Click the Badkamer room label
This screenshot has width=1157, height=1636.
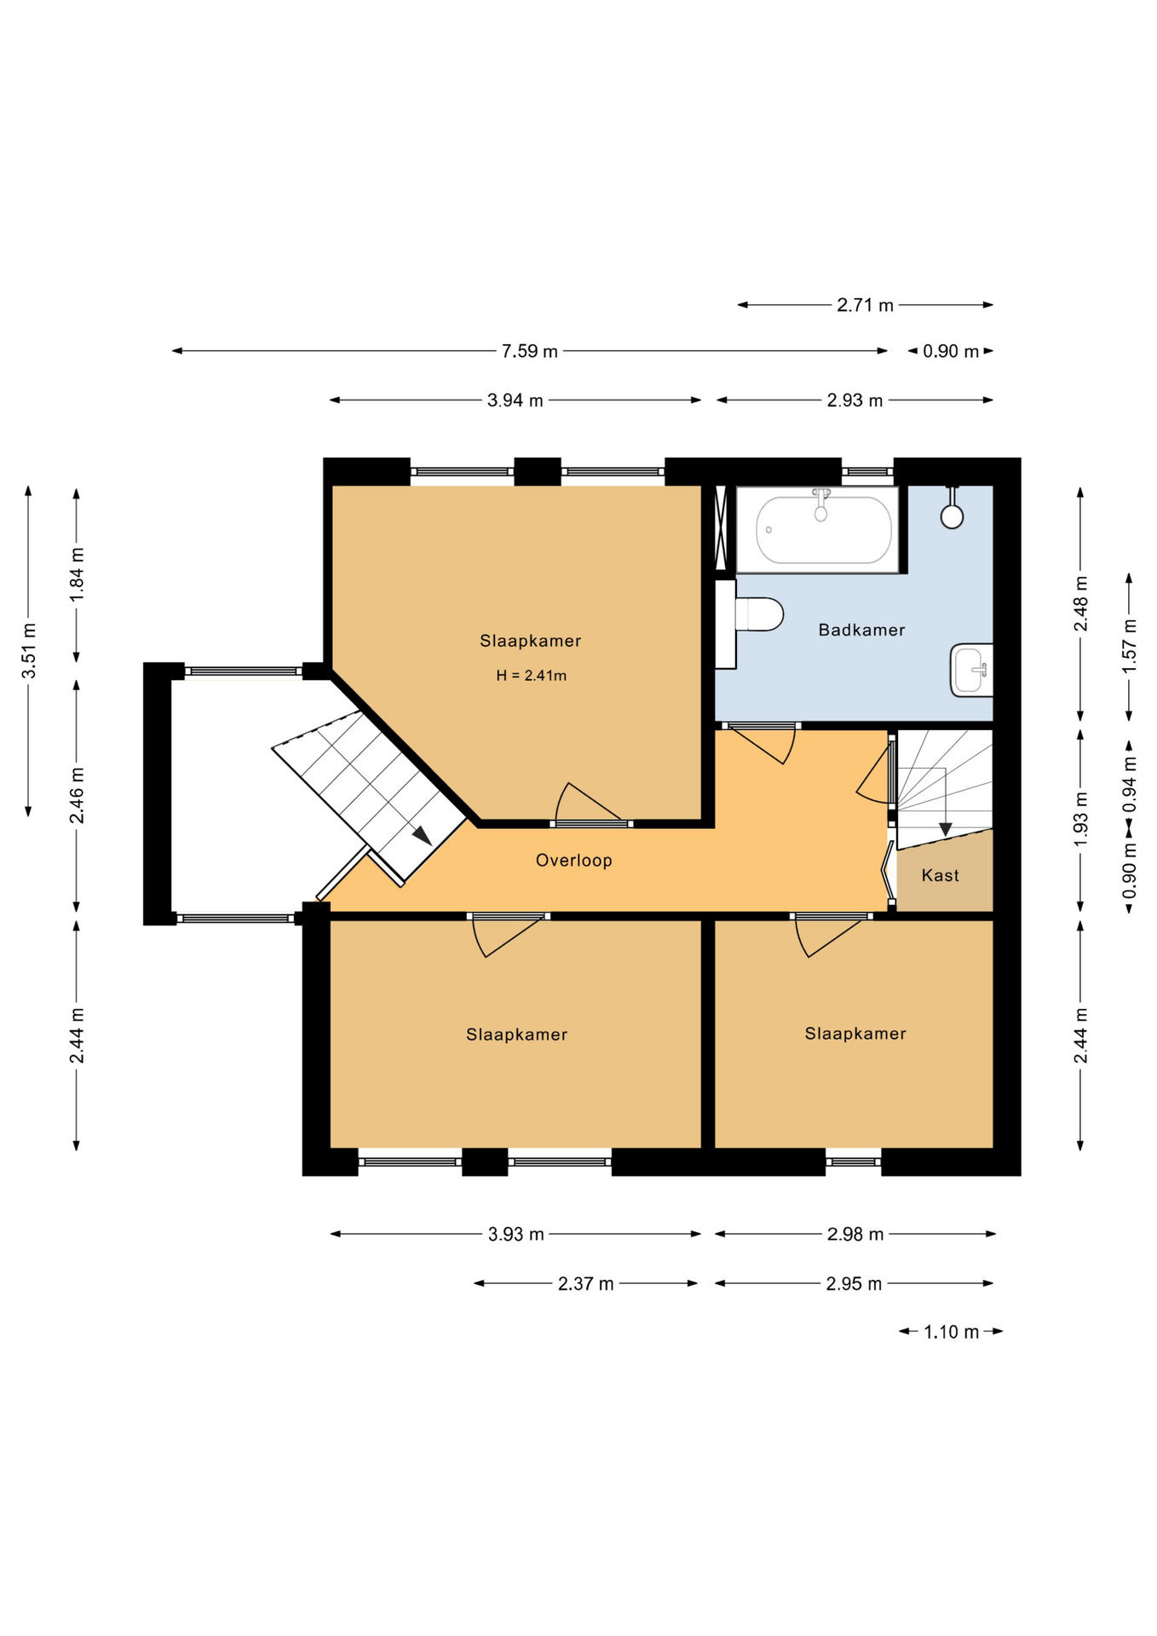click(861, 630)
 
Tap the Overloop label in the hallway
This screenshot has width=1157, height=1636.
click(573, 861)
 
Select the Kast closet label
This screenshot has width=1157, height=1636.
click(940, 875)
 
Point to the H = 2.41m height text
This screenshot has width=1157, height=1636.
click(531, 676)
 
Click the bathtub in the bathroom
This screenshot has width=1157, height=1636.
click(817, 530)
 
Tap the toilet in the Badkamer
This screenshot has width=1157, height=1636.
click(758, 614)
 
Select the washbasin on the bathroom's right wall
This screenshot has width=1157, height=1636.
click(971, 670)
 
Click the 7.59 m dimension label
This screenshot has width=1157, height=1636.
click(529, 351)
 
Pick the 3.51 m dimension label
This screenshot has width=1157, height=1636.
click(29, 651)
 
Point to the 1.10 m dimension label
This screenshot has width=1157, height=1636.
click(951, 1332)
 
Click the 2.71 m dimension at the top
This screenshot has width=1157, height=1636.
click(865, 305)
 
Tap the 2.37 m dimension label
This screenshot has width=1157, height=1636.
click(585, 1283)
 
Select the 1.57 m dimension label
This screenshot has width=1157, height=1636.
click(1129, 645)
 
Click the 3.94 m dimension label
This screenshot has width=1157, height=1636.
click(515, 400)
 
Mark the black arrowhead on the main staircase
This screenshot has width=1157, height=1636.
click(422, 835)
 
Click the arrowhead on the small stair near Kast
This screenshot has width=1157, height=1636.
click(945, 829)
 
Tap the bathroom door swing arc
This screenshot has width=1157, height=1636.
click(789, 746)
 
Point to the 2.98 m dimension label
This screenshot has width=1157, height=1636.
click(855, 1234)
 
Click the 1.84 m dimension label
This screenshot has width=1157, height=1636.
click(77, 574)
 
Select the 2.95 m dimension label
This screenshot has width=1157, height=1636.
click(854, 1283)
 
